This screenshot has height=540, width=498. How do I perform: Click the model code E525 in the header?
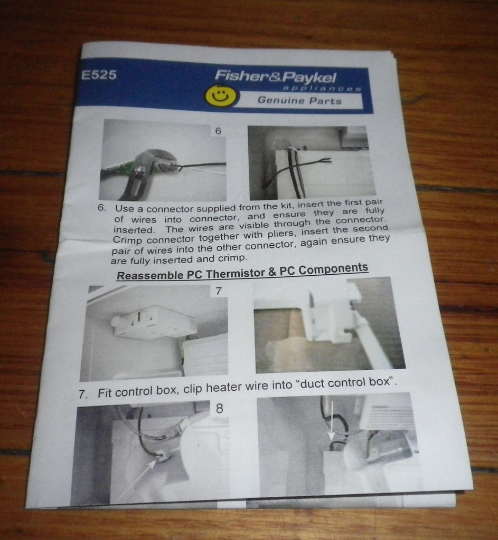coord(99,75)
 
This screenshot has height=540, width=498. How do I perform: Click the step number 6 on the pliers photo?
coord(218,130)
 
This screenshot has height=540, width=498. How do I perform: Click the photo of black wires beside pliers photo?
coord(311,161)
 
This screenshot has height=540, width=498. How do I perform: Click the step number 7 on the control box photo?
coord(218,291)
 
